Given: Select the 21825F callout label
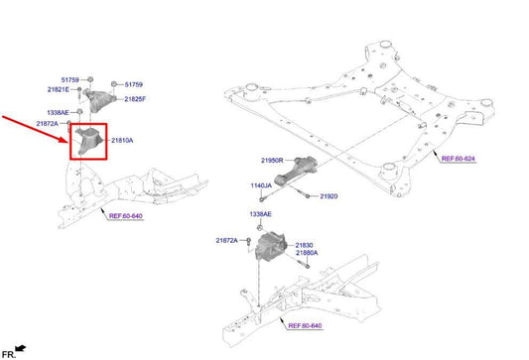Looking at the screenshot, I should (x=134, y=99).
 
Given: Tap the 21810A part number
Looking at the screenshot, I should (x=122, y=141).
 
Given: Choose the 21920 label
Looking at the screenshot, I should (x=329, y=196).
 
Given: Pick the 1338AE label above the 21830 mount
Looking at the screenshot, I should (x=261, y=214).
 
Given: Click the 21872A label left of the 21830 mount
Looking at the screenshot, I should (x=227, y=241).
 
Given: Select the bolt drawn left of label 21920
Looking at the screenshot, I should (x=299, y=196).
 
